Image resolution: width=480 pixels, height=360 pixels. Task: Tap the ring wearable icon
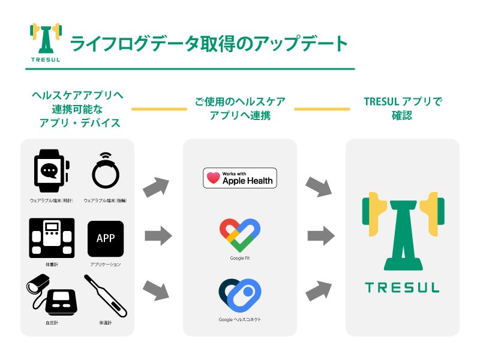106,171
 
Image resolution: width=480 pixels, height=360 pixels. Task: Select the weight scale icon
52,238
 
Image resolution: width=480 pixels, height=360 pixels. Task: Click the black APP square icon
106,238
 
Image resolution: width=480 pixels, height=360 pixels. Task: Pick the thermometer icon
106,296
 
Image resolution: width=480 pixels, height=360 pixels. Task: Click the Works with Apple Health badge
240,178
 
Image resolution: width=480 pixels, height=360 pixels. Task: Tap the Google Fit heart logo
240,235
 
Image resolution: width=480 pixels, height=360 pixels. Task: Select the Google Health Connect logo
240,295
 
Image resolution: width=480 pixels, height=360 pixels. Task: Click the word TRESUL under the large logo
403,287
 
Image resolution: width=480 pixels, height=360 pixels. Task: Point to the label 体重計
52,264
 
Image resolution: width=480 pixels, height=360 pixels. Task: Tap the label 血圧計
52,323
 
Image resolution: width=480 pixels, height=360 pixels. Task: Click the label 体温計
106,323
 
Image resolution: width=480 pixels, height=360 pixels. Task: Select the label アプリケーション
106,264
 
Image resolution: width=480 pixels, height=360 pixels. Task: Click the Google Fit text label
240,259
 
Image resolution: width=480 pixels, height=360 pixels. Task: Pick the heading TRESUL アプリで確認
403,109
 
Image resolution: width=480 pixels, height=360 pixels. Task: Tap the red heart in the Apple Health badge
214,178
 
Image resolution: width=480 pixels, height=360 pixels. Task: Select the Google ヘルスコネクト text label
240,320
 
